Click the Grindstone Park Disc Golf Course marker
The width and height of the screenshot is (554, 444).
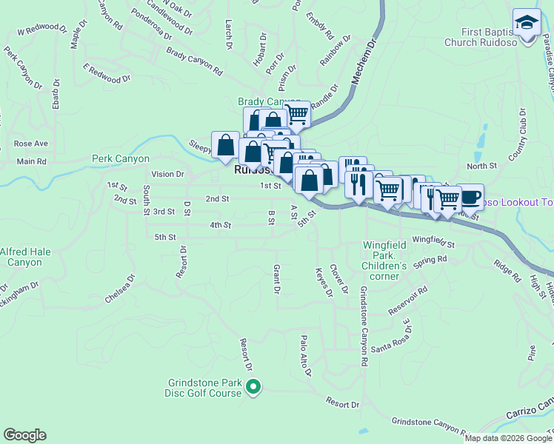(x=253, y=387)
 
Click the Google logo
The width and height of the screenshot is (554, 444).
(x=24, y=435)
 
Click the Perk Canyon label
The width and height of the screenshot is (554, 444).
(x=121, y=158)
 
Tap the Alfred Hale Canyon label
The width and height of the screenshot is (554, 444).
(x=25, y=257)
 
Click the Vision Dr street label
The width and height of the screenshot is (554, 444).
(x=167, y=174)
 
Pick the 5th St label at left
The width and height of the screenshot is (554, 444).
(x=164, y=237)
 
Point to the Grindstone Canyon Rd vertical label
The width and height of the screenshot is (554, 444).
(x=364, y=326)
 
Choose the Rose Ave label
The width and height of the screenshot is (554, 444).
(x=30, y=143)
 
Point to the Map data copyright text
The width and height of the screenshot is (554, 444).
(x=507, y=438)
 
